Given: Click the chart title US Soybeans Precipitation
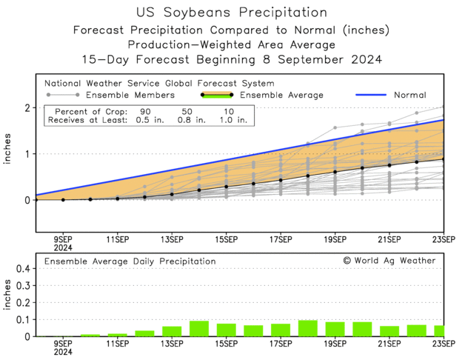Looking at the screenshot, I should click(232, 13).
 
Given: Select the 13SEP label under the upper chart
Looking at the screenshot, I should click(172, 239).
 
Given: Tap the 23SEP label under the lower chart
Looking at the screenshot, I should click(443, 344).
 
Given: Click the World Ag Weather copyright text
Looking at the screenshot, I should click(389, 261).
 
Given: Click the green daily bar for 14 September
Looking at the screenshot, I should click(199, 329).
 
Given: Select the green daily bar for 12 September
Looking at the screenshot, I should click(144, 333).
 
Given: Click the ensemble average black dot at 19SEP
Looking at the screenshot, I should click(335, 172).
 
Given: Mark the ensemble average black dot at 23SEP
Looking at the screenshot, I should click(443, 159).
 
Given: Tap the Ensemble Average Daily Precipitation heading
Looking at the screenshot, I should click(130, 261).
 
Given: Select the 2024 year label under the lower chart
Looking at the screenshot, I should click(62, 353).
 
